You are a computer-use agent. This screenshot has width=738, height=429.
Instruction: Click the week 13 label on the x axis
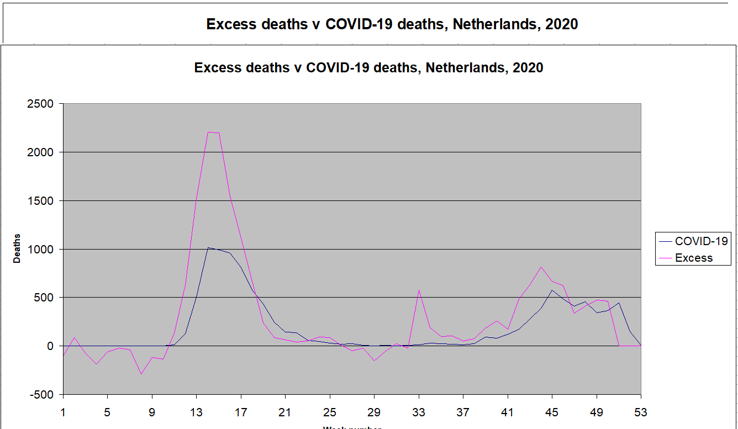(x=196, y=412)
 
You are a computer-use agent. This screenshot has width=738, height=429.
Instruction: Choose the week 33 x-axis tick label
(x=419, y=412)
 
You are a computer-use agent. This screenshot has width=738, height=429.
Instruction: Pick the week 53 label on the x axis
(x=641, y=412)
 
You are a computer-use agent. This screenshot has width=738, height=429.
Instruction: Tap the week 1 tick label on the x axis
(x=63, y=412)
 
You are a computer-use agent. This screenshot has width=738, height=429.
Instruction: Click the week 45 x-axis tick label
(x=552, y=412)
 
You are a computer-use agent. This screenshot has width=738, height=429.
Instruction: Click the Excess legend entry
(x=694, y=258)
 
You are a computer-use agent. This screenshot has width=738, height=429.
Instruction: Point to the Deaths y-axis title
(x=17, y=249)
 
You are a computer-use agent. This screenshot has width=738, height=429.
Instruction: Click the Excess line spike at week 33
(x=419, y=290)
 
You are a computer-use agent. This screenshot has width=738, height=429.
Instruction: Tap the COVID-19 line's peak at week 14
(x=208, y=248)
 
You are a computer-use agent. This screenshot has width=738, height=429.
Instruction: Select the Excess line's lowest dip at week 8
(x=141, y=374)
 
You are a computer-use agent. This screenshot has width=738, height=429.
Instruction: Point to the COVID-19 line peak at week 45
(x=552, y=290)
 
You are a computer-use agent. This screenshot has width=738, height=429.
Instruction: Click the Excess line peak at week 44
(x=541, y=267)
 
